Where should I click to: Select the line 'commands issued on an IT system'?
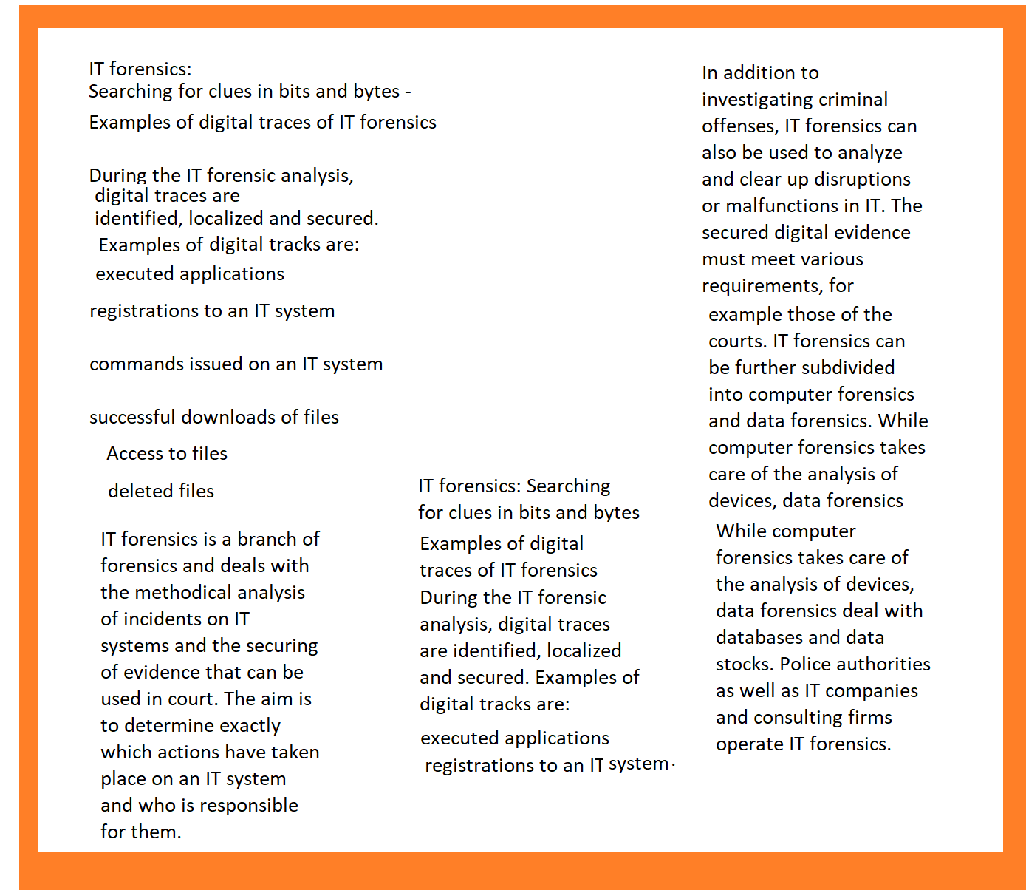(236, 364)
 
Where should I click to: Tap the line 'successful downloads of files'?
(214, 418)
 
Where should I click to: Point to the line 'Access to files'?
(167, 454)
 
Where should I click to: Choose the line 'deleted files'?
(161, 492)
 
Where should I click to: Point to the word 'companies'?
(872, 691)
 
